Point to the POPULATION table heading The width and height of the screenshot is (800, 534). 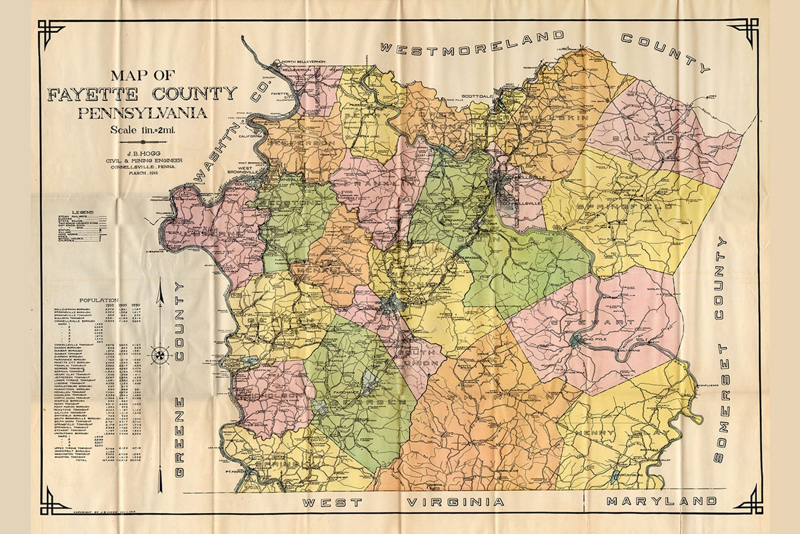tap(102, 300)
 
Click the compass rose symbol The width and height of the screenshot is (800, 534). tap(160, 355)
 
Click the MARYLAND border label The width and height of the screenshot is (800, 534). tap(661, 501)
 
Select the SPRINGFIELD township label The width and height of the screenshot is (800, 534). tap(625, 207)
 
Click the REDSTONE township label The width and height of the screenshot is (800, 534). tap(291, 203)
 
